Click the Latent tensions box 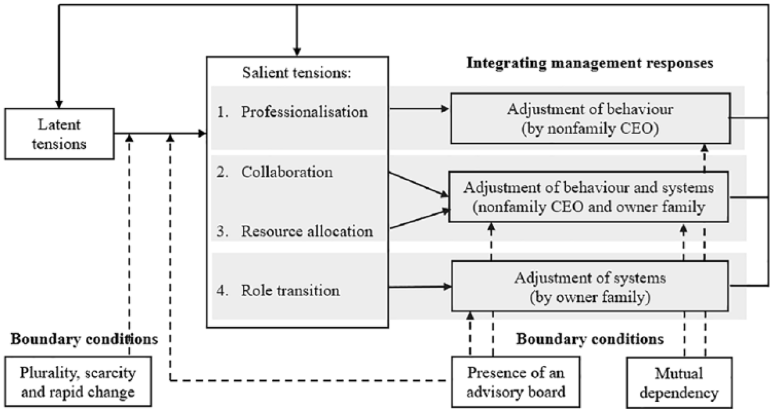tap(59, 134)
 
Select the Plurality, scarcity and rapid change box tap(78, 381)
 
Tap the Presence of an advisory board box tap(516, 382)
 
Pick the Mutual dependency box tap(679, 383)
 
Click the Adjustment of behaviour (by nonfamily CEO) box tap(591, 118)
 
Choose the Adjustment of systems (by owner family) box tap(590, 286)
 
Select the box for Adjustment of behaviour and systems tap(589, 197)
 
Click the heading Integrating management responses tap(590, 63)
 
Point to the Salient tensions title tap(296, 73)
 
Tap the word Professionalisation tap(304, 112)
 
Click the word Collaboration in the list tap(287, 172)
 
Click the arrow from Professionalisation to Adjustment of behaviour tap(420, 109)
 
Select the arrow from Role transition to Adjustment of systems tap(420, 287)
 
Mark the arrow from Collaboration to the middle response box tap(418, 185)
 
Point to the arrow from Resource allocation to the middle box tap(420, 218)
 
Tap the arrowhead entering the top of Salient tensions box tap(296, 52)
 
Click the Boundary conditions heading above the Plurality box tap(84, 339)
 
